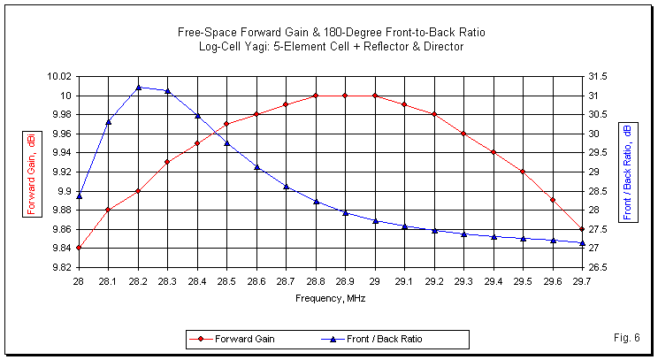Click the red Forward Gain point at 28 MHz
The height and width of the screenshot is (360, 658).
coord(79,248)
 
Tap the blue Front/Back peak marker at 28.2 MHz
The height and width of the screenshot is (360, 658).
coord(138,87)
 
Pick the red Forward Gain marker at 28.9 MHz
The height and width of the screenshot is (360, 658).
coord(345,96)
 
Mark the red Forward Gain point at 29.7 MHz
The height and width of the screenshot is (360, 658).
coord(582,229)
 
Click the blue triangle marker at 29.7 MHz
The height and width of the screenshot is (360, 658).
coord(582,242)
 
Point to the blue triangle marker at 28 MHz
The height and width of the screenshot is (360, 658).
coord(79,195)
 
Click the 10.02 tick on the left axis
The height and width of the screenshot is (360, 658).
coord(59,77)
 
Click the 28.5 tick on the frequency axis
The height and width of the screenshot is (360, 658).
coord(226,280)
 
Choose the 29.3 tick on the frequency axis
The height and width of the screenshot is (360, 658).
coord(463,280)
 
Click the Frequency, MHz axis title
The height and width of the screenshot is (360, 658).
coord(330,298)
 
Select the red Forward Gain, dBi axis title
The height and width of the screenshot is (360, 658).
coord(32,172)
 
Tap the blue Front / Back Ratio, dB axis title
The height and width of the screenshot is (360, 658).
coord(628,172)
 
